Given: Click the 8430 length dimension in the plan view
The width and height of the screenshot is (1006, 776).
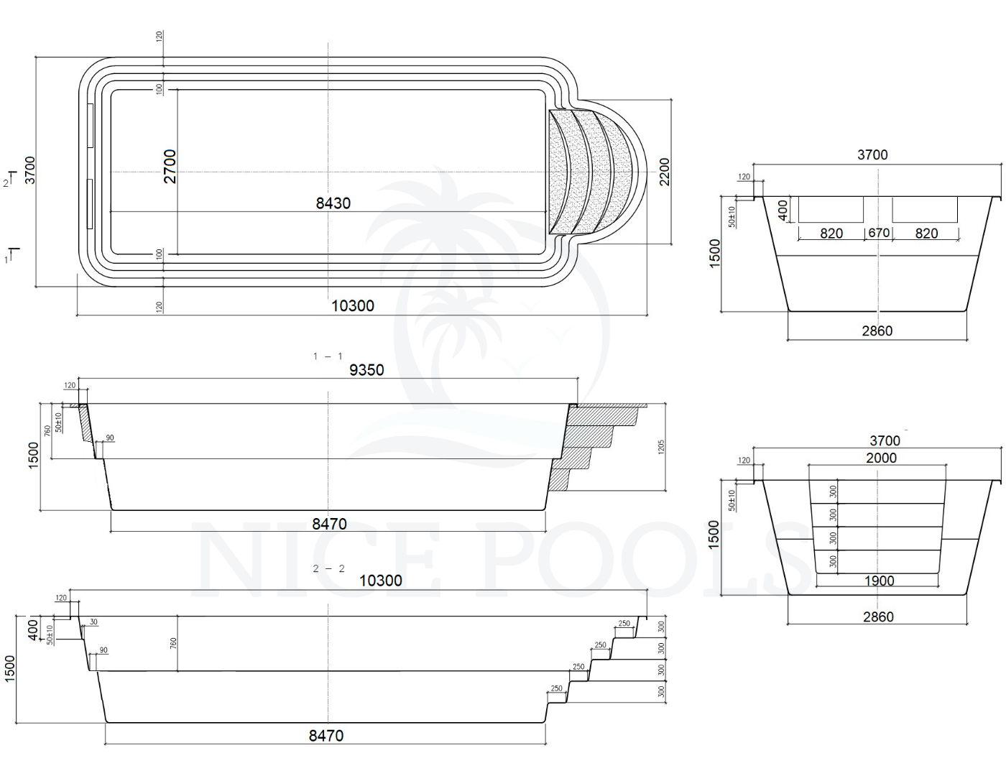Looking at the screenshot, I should pos(333,203).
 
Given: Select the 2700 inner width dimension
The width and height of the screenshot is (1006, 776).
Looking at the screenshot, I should pos(170,166).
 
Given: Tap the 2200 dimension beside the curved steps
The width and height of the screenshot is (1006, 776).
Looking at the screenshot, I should pos(665,172).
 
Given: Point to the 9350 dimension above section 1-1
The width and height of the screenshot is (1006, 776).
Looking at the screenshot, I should pos(366,370).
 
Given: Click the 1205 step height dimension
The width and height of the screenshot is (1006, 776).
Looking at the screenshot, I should pos(661,447).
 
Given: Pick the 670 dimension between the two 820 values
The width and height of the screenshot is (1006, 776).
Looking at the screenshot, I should pos(879,233).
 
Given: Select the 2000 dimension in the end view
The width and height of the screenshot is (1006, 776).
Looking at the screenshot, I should pos(881,458).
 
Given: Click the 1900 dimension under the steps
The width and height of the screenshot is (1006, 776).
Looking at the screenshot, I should pos(879,581).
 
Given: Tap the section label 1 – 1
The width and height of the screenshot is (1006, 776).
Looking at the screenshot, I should pos(328,356).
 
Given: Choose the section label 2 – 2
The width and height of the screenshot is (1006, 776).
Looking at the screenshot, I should pos(329,568).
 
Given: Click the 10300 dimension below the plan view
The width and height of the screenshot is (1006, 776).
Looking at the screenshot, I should pos(353,305).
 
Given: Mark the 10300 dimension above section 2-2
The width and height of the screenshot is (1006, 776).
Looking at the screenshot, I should pos(381,581).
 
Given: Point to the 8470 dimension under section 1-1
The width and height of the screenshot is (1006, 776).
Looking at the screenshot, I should pos(329,525).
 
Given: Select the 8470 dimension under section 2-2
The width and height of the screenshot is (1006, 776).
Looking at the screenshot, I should pos(326,736).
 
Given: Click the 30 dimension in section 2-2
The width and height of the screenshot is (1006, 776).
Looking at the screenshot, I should pos(94,622).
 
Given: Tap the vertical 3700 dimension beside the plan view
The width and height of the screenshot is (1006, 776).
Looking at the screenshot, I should pos(30,170).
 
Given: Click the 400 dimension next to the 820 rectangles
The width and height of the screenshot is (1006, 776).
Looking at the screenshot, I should pos(784,210).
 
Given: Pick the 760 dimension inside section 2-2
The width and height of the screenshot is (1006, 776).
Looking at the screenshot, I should pos(174,644).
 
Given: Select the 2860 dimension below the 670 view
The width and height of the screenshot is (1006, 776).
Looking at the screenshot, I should pos(877,331).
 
